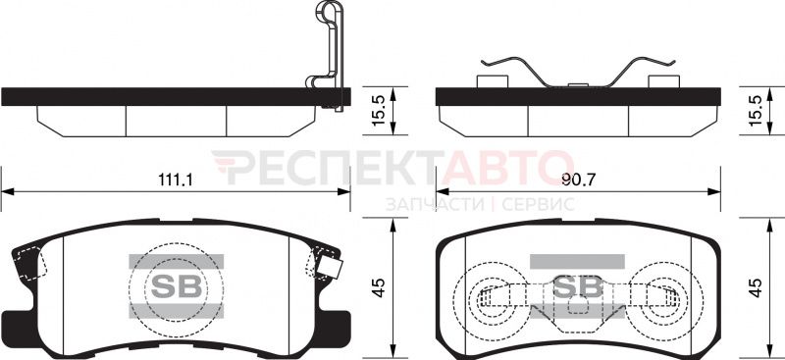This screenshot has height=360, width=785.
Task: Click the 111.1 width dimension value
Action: click(x=176, y=180)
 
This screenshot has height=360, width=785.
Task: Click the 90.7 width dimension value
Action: click(x=578, y=180)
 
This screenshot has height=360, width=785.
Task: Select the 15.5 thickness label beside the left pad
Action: click(x=380, y=111)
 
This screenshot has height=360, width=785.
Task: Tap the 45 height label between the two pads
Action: click(x=380, y=287)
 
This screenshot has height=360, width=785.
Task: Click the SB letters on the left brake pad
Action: click(x=177, y=286)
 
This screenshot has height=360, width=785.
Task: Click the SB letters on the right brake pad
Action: click(x=577, y=286)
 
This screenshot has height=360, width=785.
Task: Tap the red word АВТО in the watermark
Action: click(x=506, y=167)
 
